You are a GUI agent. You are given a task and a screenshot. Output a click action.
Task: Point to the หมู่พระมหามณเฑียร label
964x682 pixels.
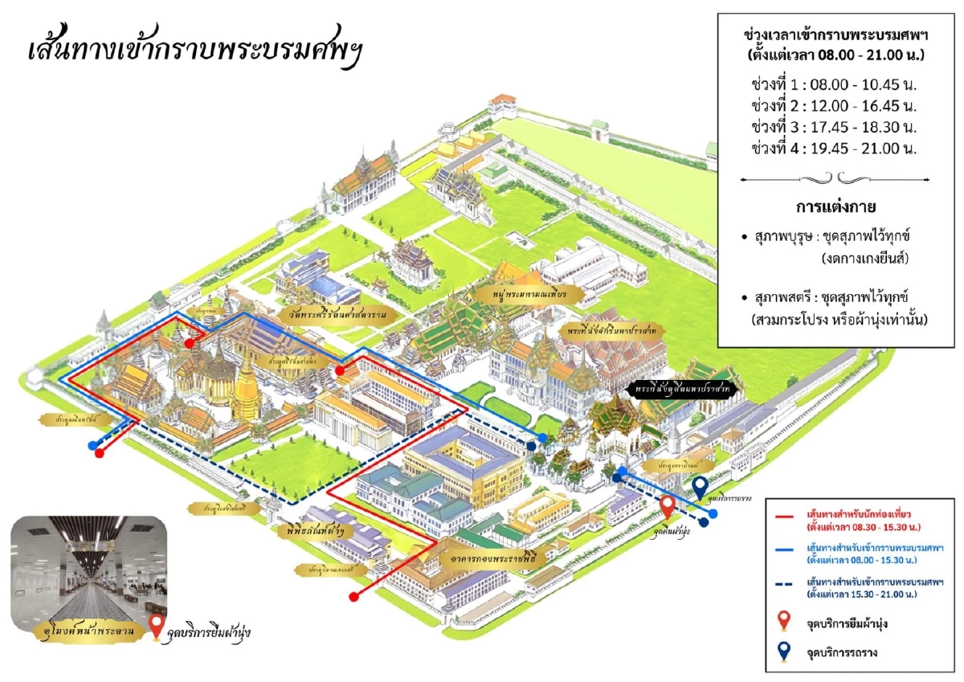(529, 294)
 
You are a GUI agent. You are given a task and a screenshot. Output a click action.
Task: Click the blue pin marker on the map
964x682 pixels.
(701, 487)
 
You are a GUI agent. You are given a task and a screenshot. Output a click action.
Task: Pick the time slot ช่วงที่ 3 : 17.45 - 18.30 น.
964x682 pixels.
(836, 127)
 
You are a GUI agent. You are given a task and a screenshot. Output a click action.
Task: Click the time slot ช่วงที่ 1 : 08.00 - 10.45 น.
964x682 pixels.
(836, 85)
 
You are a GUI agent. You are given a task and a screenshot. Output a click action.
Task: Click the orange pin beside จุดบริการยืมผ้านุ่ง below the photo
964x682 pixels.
(157, 628)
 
